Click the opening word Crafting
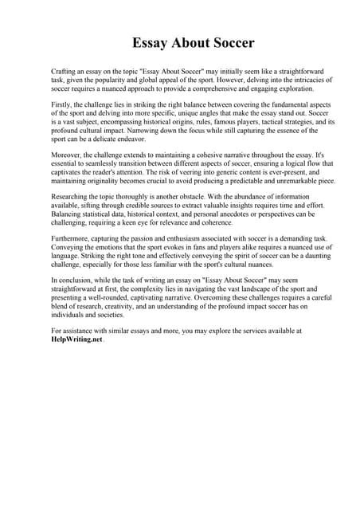[x=65, y=72]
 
